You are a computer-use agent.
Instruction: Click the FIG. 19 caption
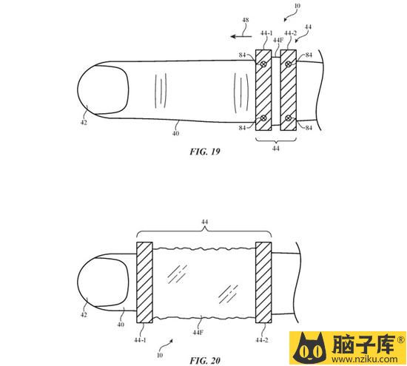(x=205, y=152)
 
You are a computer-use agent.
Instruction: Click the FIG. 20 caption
(x=205, y=360)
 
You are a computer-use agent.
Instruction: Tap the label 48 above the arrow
(x=245, y=20)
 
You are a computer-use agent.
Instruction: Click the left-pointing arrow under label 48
(x=241, y=36)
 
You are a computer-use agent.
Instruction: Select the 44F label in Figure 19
(x=278, y=40)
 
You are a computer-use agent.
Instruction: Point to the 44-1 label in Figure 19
(x=266, y=33)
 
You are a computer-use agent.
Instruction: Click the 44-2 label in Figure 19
(x=291, y=33)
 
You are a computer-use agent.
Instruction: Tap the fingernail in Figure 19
(x=103, y=89)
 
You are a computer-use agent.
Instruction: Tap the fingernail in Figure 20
(x=103, y=282)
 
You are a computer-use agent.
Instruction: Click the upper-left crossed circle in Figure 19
(x=263, y=64)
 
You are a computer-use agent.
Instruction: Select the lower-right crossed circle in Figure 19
(x=288, y=118)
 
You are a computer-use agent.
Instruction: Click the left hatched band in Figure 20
(x=144, y=282)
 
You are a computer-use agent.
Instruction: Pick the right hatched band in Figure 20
(x=263, y=282)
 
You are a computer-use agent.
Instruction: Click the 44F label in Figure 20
(x=198, y=332)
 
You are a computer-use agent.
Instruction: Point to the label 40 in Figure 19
(x=175, y=133)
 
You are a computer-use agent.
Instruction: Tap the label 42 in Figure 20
(x=84, y=315)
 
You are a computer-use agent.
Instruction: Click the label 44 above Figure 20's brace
(x=204, y=222)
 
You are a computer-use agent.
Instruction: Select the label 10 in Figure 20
(x=160, y=355)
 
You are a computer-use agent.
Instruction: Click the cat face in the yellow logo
(x=309, y=348)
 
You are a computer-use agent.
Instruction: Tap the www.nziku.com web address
(x=364, y=359)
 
